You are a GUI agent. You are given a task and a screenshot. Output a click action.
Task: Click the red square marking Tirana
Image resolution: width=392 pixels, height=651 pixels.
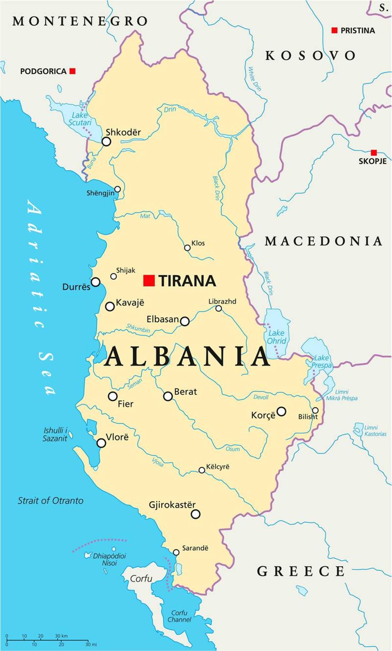coord(149,280)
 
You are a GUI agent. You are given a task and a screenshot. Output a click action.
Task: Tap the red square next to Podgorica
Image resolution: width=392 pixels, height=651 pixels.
coord(73,71)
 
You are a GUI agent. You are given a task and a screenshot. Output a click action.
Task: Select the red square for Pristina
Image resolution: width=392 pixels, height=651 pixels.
coord(334,30)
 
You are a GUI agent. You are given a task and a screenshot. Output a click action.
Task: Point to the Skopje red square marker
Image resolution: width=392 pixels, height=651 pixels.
coord(374,152)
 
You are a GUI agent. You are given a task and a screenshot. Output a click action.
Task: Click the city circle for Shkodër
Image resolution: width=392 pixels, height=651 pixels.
coord(106,142)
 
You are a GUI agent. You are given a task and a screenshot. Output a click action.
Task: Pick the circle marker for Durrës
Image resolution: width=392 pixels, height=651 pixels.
coord(95,282)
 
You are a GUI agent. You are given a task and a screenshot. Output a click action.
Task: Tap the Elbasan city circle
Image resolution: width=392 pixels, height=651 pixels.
coord(185,321)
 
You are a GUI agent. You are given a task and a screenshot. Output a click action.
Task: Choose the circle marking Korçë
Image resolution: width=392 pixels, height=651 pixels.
coord(281,411)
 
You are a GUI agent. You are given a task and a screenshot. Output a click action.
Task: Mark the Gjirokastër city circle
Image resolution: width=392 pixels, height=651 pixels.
coord(195,514)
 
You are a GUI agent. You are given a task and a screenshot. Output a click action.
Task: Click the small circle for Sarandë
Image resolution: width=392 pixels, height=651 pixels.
coord(176,552)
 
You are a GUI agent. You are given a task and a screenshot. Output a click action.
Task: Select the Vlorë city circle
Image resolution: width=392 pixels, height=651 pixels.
coord(101,443)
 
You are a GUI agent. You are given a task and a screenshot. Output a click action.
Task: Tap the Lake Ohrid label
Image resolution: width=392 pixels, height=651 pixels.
coord(276,337)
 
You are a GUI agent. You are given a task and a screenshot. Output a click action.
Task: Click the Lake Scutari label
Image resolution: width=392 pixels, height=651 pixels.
coord(80,119)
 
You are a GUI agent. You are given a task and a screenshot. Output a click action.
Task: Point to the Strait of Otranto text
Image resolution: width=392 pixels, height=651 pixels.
coord(50,501)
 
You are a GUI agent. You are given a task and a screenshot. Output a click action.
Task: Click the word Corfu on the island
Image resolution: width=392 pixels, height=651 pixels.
coord(141,579)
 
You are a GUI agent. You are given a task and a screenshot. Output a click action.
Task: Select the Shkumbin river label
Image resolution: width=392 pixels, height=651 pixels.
coord(138,328)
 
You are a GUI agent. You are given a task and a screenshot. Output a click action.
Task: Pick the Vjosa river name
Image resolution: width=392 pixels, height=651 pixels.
coord(158,462)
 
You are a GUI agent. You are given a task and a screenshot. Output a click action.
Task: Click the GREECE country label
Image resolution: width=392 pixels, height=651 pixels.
coord(301,571)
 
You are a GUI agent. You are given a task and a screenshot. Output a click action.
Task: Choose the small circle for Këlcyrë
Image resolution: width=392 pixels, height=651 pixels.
coord(202,470)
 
